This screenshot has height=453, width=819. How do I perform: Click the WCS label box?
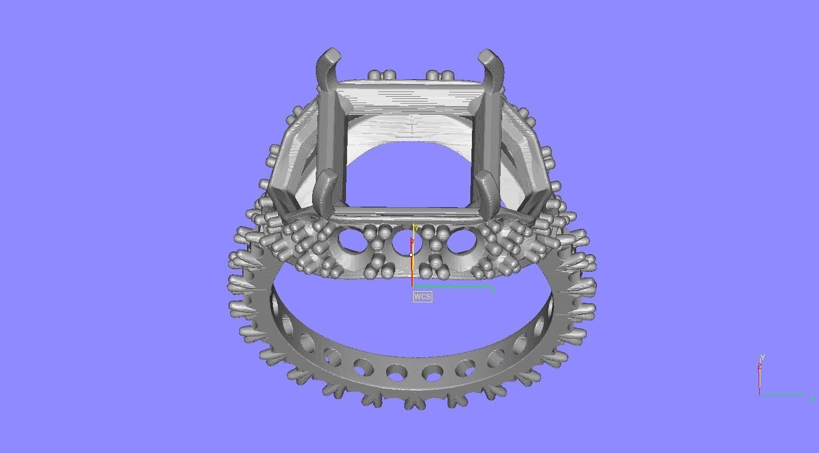pos(422,297)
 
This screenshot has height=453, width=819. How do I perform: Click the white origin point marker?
pos(411,255)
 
